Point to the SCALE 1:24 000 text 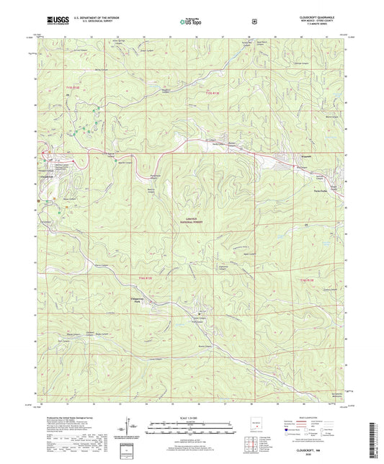(x=191, y=416)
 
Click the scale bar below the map (x=191, y=426)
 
